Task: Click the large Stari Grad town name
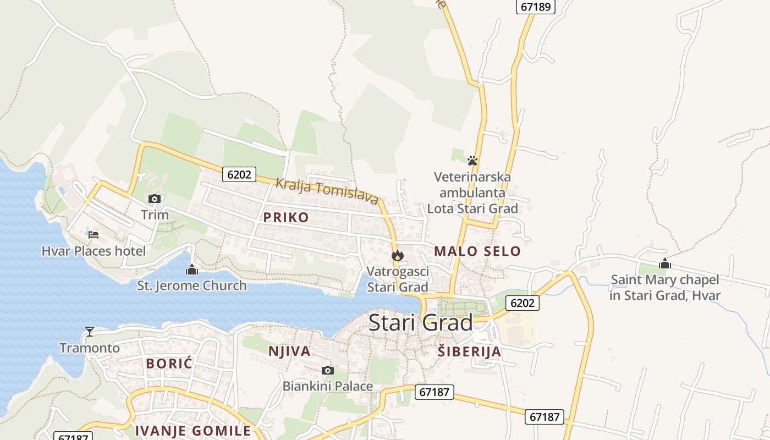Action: [x=420, y=322]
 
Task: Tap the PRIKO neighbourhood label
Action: [x=286, y=217]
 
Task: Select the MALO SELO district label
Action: [x=477, y=251]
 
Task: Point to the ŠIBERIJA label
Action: [x=469, y=351]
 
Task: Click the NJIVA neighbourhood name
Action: [x=289, y=351]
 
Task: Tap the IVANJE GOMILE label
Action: [x=193, y=431]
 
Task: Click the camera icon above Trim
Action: [x=155, y=199]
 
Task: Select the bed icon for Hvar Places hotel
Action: [x=94, y=235]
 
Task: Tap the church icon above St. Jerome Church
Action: [x=191, y=269]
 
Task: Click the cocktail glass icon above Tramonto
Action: [x=90, y=331]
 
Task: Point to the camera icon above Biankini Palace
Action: [x=327, y=370]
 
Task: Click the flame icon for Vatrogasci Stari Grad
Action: [x=398, y=255]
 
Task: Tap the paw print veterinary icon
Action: [x=472, y=161]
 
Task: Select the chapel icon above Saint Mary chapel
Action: [x=665, y=263]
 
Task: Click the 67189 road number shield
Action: [x=535, y=7]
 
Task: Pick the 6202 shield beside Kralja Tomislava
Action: [x=239, y=174]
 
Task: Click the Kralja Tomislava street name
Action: [x=327, y=191]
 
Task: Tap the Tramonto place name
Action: [x=90, y=348]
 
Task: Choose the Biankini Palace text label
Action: [x=327, y=386]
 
